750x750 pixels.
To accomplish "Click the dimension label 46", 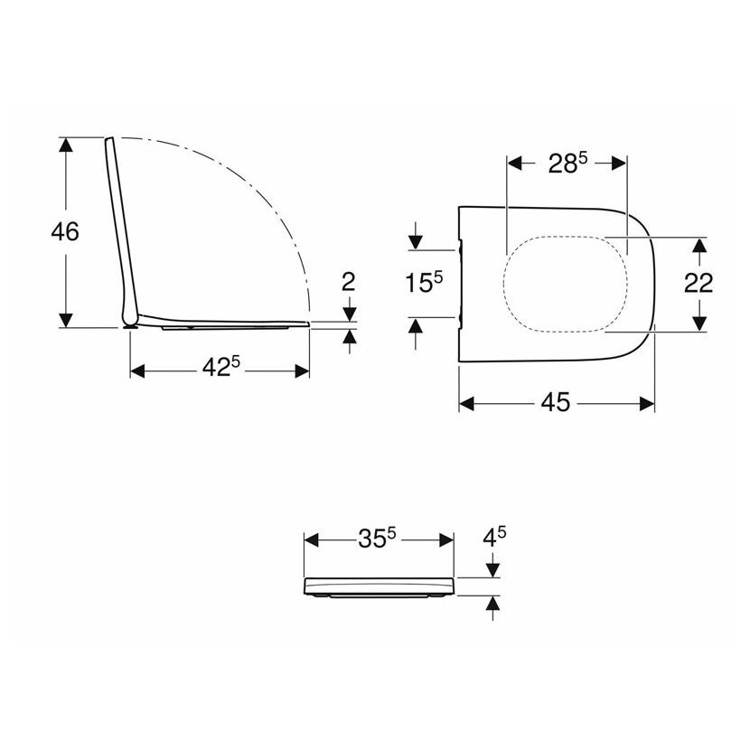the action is [x=65, y=232].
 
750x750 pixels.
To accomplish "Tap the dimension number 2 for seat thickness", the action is [x=349, y=282].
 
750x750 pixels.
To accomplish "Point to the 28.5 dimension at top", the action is [x=567, y=164].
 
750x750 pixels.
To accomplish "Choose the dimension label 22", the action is [x=698, y=283].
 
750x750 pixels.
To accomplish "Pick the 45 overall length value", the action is [x=556, y=402].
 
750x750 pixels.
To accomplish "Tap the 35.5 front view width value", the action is [x=378, y=539].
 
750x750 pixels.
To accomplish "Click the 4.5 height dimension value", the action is [x=494, y=537].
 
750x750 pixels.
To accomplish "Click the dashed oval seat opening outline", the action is [x=504, y=283].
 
